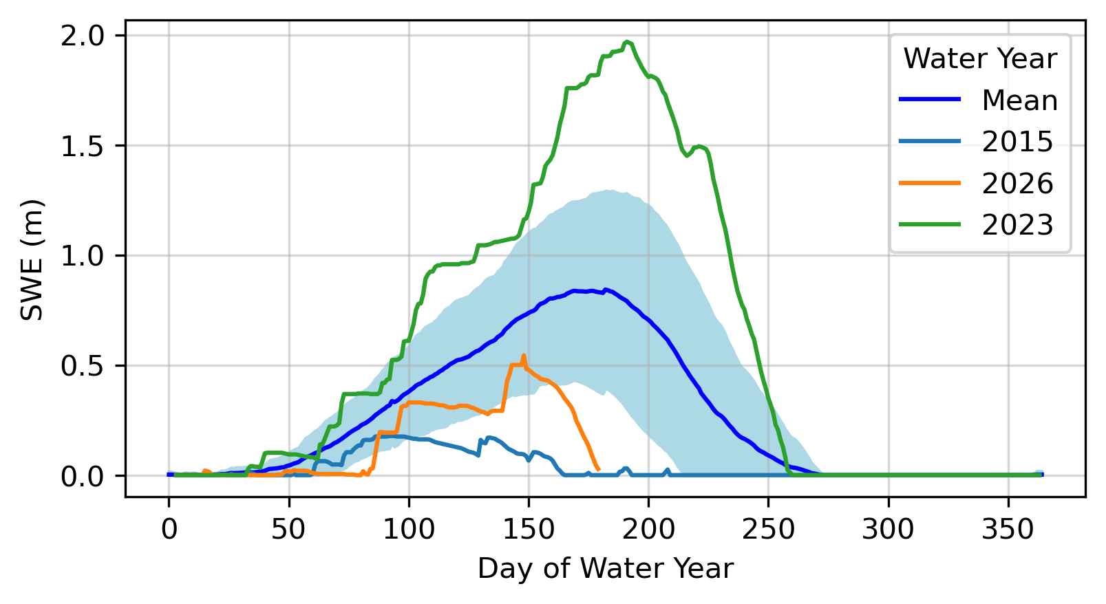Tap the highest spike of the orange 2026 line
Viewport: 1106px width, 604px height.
pos(524,356)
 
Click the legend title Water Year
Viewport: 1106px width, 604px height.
pos(980,59)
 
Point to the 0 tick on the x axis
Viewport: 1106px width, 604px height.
pos(169,530)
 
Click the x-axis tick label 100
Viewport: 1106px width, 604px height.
pos(409,530)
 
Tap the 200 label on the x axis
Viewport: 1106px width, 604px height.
pos(648,530)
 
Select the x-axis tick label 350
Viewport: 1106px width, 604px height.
pos(1008,530)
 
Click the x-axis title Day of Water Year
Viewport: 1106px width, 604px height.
pos(606,569)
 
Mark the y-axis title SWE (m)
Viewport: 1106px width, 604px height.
pos(32,260)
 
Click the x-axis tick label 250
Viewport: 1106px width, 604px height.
pos(768,530)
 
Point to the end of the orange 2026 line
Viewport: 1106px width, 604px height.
pos(599,469)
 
